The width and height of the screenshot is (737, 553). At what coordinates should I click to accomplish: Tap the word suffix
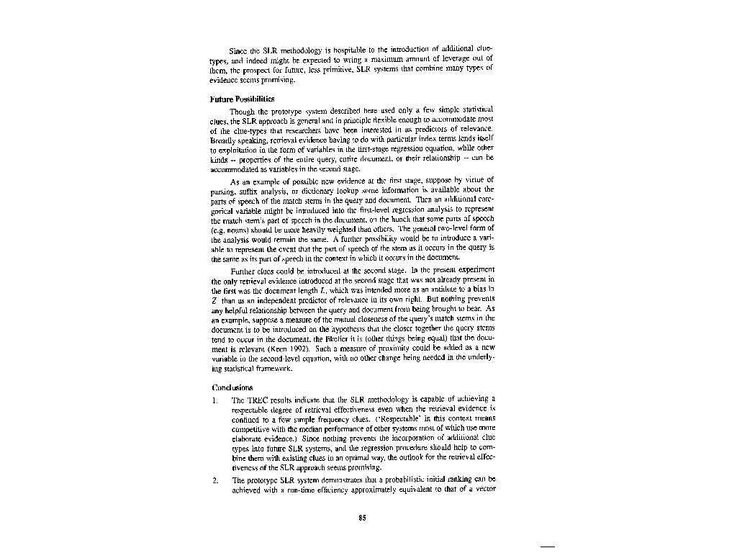[244, 189]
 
